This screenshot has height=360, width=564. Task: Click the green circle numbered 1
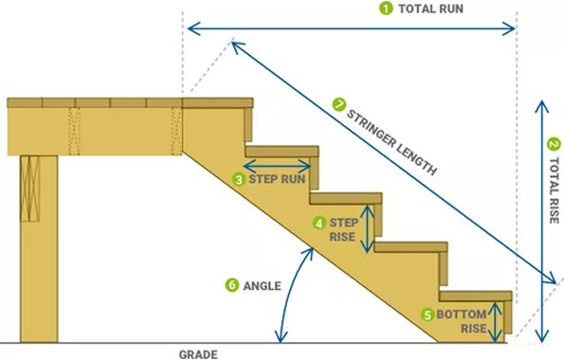tap(385, 9)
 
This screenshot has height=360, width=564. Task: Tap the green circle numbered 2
tap(553, 145)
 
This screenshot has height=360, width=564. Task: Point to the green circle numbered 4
tap(319, 223)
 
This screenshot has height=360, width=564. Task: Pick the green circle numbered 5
tap(427, 314)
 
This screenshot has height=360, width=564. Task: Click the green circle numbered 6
tap(230, 284)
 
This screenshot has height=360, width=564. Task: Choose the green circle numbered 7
tap(338, 103)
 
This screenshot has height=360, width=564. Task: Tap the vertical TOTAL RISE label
tap(553, 194)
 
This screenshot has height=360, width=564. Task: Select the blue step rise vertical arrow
tap(369, 227)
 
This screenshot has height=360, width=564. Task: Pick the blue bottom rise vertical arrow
tap(494, 320)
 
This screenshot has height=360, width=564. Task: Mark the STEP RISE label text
tap(342, 229)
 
